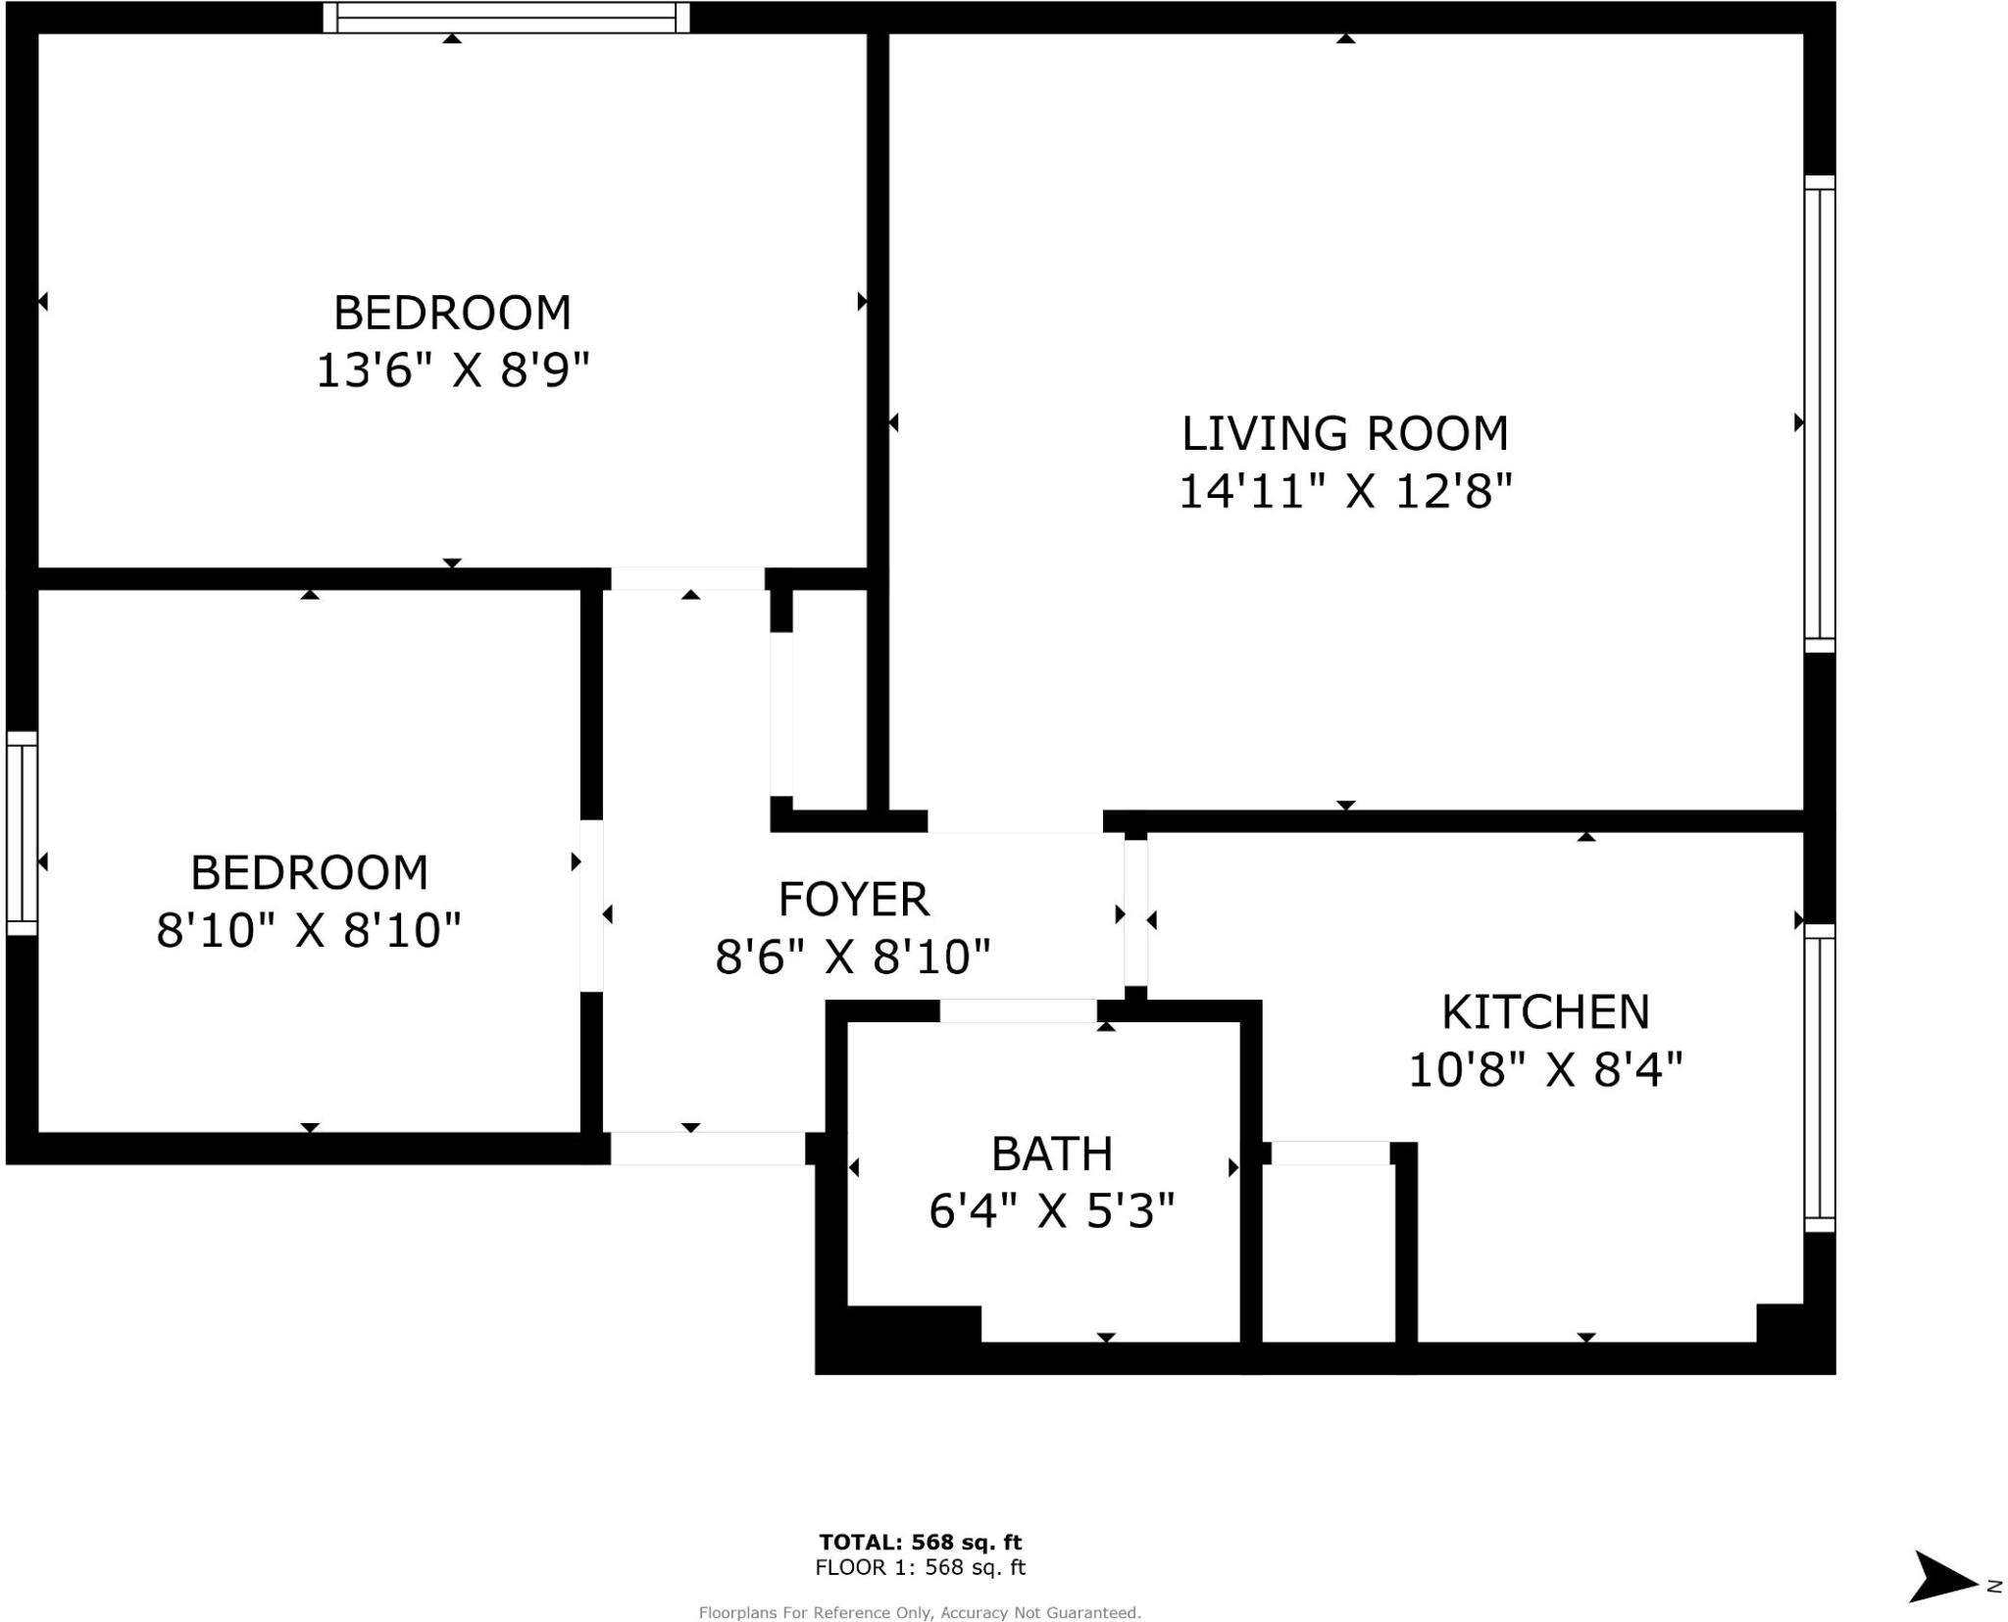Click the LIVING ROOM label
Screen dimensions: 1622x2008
1344,434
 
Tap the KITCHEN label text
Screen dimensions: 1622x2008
1545,1012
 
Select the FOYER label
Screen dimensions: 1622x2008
853,900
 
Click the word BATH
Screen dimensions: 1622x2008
1051,1155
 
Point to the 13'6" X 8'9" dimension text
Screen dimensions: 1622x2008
452,371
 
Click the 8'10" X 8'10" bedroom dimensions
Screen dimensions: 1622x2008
308,930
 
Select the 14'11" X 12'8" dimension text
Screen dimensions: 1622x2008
1344,491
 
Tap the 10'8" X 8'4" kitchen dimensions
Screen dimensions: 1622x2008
1545,1069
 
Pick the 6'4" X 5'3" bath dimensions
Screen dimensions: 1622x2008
1051,1211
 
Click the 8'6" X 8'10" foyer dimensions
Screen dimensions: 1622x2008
853,957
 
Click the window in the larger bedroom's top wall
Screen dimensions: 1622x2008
506,18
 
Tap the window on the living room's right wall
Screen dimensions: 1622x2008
1819,414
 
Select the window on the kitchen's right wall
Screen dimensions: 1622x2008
1819,1078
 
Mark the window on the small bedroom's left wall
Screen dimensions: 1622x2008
22,833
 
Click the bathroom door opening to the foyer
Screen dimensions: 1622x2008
1018,1010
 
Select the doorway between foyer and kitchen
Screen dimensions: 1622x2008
1135,912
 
